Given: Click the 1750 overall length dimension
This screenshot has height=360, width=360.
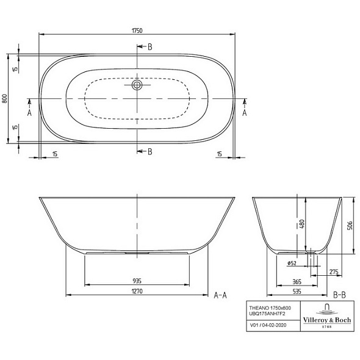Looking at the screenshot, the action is (x=137, y=31).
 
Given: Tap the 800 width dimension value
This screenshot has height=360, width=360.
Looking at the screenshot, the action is (x=5, y=98).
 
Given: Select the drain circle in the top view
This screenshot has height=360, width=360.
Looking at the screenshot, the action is (x=137, y=85).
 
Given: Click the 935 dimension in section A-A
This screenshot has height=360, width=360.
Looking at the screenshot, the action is (x=137, y=281).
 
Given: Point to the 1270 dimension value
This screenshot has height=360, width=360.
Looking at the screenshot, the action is (x=137, y=291).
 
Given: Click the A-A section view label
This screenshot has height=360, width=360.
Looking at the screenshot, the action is (x=220, y=295).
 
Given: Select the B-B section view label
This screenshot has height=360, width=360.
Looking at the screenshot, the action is (x=339, y=295).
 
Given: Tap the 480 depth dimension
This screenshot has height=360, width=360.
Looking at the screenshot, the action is (x=301, y=224).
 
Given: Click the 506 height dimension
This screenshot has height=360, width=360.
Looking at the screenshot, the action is (x=350, y=226).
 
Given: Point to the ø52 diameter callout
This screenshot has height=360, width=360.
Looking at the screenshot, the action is (x=292, y=264).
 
